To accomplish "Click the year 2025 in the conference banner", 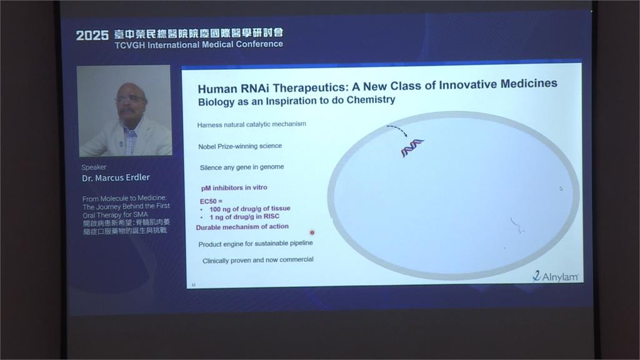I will (x=92, y=36).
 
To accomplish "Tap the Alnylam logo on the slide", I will (x=556, y=276).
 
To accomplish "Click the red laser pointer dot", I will (x=312, y=232).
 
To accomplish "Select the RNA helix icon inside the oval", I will (x=412, y=147).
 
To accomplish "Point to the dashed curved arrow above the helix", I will (x=397, y=129).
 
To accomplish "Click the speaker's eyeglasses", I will (x=129, y=98).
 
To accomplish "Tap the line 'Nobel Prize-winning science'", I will (x=239, y=146).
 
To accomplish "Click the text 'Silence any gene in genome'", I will (x=242, y=167).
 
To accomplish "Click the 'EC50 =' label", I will (x=211, y=201).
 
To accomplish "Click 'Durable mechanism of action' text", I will (x=242, y=226).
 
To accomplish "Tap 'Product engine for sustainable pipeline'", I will (x=255, y=243).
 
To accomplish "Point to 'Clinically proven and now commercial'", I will (x=257, y=259).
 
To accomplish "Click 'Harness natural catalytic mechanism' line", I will (x=251, y=124).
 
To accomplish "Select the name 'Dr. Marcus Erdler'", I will (x=116, y=177).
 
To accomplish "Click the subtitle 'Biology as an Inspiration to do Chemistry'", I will (x=296, y=100).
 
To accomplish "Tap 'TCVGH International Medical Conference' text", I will (x=198, y=44).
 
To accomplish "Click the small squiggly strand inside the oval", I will (x=516, y=226).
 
